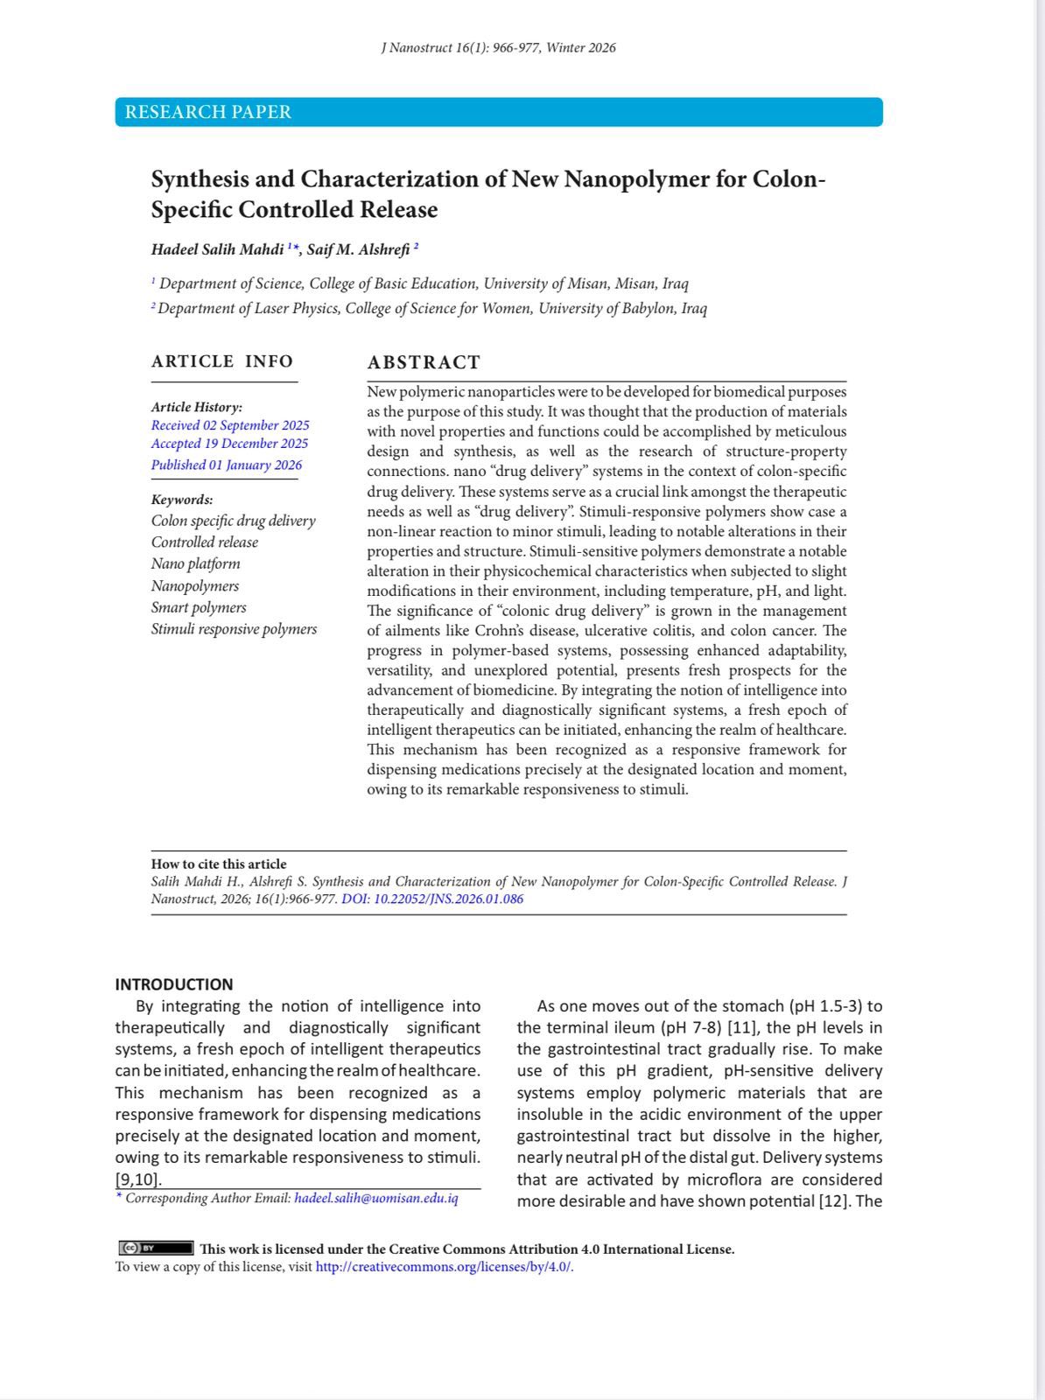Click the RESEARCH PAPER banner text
point(208,112)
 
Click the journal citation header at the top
point(498,48)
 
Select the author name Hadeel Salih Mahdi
point(218,250)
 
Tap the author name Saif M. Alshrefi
point(358,250)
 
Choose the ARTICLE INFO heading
point(222,361)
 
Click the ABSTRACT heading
point(424,362)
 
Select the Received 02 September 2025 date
point(230,425)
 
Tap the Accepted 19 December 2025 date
point(229,444)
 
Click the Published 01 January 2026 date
point(227,465)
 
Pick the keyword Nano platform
point(195,564)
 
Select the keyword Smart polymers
point(199,607)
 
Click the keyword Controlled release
point(205,542)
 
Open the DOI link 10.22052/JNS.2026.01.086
point(432,899)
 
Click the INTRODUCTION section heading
point(174,984)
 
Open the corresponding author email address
point(376,1199)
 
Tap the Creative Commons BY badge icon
point(156,1249)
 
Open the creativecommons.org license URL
point(444,1267)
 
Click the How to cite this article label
point(219,864)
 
